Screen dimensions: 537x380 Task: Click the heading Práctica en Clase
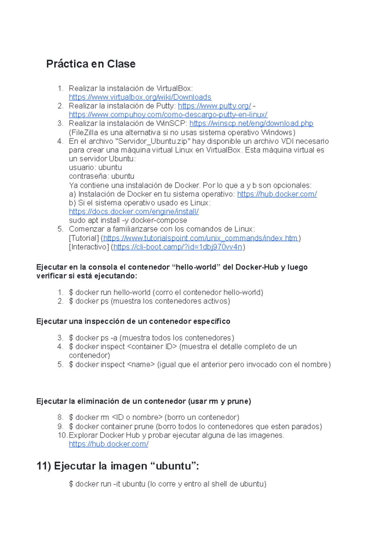[91, 64]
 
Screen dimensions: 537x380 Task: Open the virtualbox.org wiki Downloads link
[140, 97]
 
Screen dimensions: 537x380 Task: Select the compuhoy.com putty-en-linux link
[168, 114]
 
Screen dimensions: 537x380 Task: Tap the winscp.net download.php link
[251, 123]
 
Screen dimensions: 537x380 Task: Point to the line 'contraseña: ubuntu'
[101, 176]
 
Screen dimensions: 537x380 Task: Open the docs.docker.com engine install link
[134, 212]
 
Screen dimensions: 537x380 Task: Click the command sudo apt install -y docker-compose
[128, 220]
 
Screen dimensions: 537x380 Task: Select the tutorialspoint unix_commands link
[200, 238]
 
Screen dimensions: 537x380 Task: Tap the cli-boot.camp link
[178, 247]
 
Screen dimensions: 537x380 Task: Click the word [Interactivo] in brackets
[89, 247]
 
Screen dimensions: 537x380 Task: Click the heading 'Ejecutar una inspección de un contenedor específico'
[133, 321]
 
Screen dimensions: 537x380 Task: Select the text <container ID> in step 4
[152, 347]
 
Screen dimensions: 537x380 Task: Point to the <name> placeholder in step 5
[141, 365]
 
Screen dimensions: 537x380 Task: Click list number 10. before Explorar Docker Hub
[62, 435]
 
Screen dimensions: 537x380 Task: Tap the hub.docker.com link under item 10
[108, 444]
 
